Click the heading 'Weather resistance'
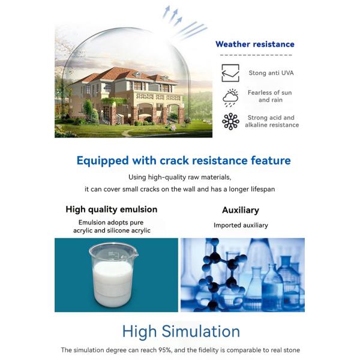pos(254,44)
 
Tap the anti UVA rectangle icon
pos(230,73)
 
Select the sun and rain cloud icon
pos(230,97)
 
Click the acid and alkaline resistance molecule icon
pos(230,121)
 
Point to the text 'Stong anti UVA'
pos(271,73)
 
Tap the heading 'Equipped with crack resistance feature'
pos(184,160)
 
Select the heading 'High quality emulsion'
pos(112,209)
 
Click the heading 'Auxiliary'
pos(241,210)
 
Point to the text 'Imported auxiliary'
pos(241,226)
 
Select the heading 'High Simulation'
pos(181,331)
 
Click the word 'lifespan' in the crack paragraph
pos(262,189)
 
